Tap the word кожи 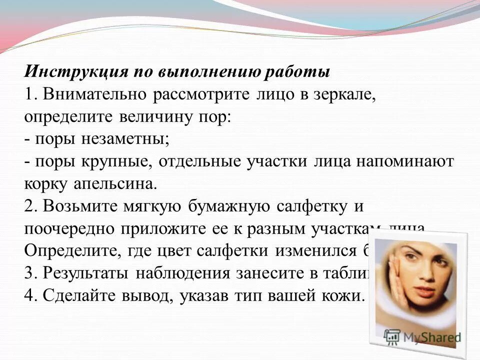click(x=341, y=295)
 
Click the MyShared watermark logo click(x=423, y=336)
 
